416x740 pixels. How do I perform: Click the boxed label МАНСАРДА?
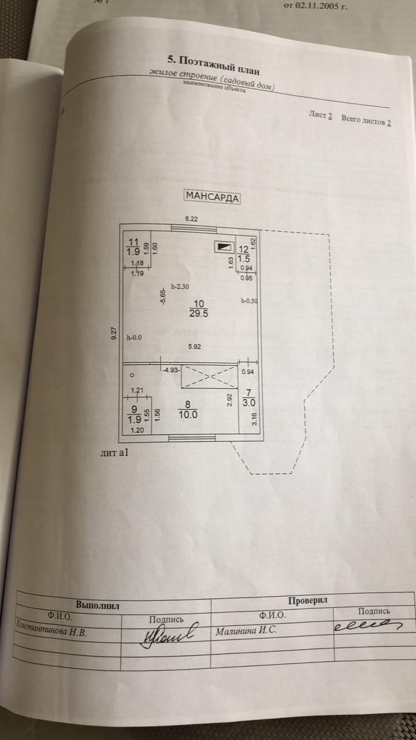click(211, 196)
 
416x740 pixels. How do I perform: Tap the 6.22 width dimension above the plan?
click(191, 219)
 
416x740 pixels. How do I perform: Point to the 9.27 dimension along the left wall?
click(115, 334)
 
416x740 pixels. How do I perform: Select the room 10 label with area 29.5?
click(198, 309)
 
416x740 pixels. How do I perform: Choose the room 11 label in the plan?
click(133, 247)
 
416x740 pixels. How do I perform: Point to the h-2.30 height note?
click(180, 287)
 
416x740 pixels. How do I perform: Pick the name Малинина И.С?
click(246, 630)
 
